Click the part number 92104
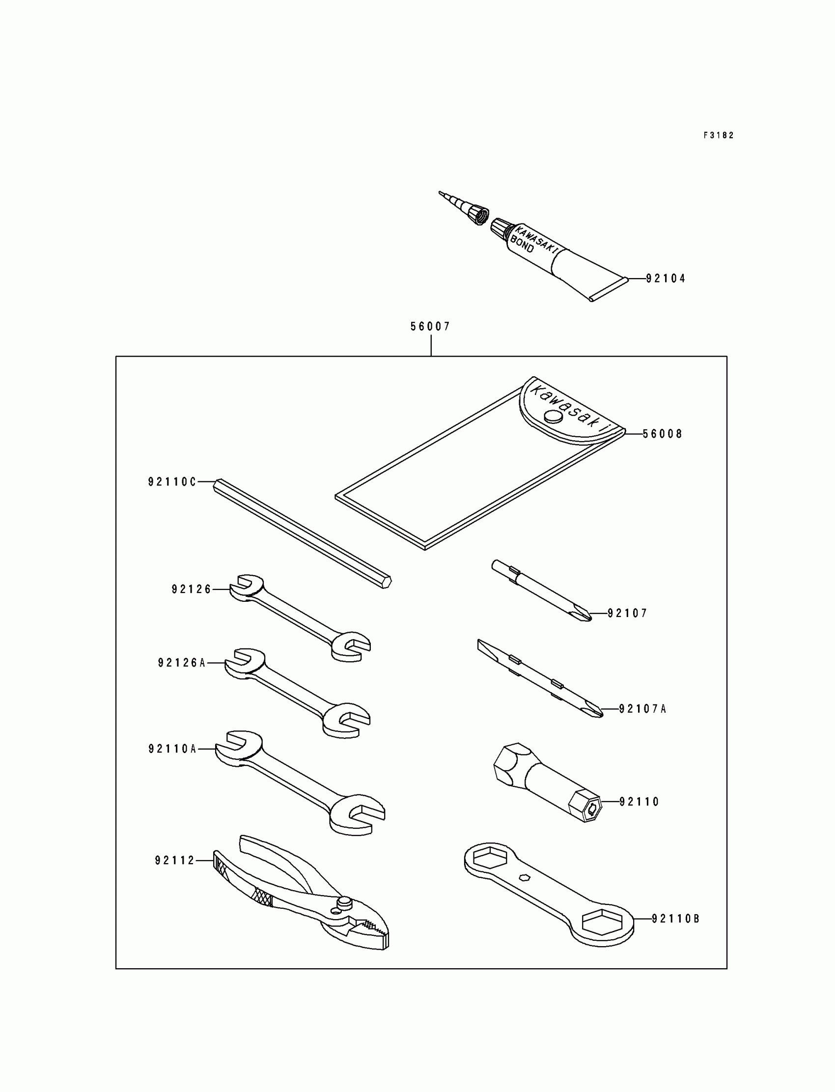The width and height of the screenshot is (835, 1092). (665, 279)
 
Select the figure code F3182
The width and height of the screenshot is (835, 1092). (718, 135)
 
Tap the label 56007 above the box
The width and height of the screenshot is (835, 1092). (430, 327)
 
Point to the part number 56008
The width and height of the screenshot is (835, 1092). (662, 434)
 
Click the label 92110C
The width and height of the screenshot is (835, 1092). (172, 481)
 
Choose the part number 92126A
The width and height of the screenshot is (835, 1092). (181, 663)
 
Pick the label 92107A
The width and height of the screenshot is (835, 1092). (642, 709)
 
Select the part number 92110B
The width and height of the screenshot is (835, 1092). (675, 919)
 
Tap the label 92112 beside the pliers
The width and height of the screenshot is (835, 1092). (174, 860)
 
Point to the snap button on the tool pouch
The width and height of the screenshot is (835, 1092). (553, 416)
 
